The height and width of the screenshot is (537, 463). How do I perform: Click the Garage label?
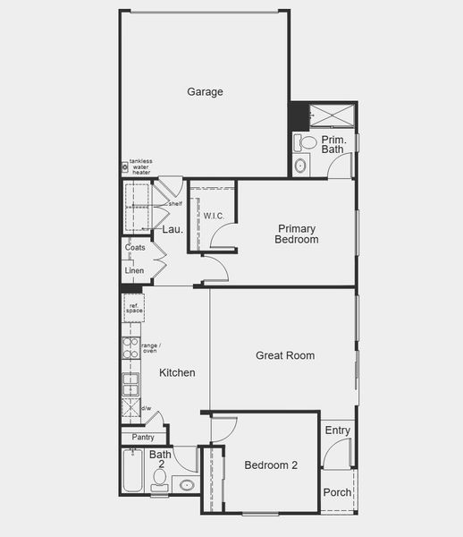click(x=205, y=91)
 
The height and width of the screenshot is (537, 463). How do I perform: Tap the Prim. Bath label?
click(x=333, y=144)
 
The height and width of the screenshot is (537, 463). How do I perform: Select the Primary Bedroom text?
click(x=297, y=234)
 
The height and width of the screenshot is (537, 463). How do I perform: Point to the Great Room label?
click(x=285, y=355)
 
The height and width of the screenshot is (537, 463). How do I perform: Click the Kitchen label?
click(x=177, y=372)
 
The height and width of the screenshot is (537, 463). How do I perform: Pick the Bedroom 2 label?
click(x=271, y=465)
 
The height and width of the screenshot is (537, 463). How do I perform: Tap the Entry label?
click(x=338, y=430)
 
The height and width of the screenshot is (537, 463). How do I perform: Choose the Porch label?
click(x=337, y=492)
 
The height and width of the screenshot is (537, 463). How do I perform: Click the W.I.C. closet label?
click(x=214, y=216)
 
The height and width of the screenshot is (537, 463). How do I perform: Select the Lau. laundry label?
click(x=173, y=230)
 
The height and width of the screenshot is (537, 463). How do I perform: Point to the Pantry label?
click(x=143, y=437)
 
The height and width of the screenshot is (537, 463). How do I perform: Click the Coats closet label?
click(x=135, y=247)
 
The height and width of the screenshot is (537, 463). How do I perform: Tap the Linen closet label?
click(x=134, y=270)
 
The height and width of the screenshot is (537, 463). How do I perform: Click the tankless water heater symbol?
click(x=125, y=166)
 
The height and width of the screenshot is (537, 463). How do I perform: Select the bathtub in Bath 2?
click(x=131, y=472)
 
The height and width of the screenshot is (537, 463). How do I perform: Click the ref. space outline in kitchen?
click(x=134, y=309)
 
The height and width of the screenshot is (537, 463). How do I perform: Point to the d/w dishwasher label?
click(x=147, y=409)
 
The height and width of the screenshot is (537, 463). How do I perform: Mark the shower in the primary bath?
click(x=332, y=115)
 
